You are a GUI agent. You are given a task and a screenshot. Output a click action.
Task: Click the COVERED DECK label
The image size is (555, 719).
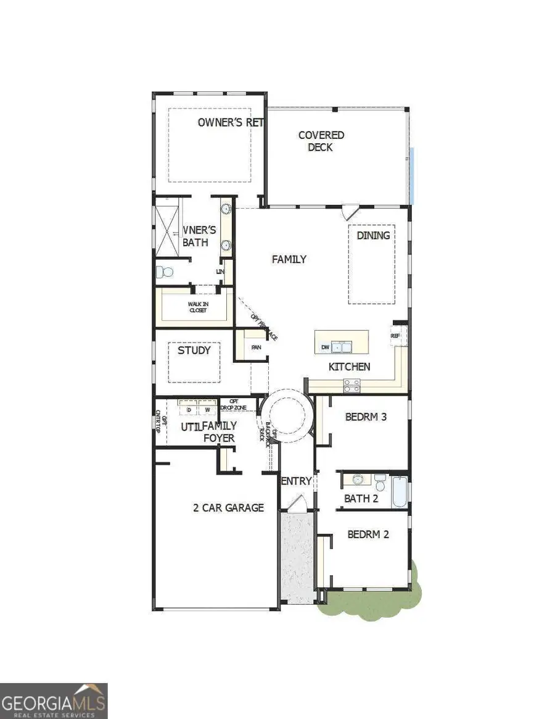click(x=321, y=141)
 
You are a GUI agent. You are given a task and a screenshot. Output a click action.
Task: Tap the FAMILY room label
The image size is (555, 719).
click(x=289, y=260)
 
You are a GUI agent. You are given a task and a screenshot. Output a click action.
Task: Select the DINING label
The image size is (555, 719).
click(x=373, y=235)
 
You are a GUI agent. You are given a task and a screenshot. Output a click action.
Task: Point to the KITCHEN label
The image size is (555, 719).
click(x=349, y=367)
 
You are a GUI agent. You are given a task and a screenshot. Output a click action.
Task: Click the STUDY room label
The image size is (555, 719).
click(x=194, y=351)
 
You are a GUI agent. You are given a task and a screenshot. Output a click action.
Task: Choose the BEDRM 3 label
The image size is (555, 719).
click(x=366, y=417)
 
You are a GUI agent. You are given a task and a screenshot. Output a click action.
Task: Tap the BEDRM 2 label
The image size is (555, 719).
click(x=368, y=534)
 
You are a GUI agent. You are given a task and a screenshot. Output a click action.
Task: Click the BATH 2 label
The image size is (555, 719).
click(x=361, y=499)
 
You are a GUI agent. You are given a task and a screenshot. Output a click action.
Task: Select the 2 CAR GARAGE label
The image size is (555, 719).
click(x=228, y=508)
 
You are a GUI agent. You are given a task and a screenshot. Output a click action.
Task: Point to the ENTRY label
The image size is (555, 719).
click(x=297, y=481)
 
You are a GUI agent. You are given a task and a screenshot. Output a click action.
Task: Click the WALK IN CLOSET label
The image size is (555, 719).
click(x=197, y=307)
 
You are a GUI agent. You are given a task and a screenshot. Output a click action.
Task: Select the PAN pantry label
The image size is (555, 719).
click(x=256, y=347)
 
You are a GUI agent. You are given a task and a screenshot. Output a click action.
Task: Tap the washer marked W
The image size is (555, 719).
click(x=207, y=409)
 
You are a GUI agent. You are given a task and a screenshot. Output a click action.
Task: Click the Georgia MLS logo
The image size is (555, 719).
click(x=54, y=700)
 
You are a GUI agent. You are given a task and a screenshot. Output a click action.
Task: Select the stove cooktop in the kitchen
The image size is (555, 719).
click(x=352, y=385)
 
